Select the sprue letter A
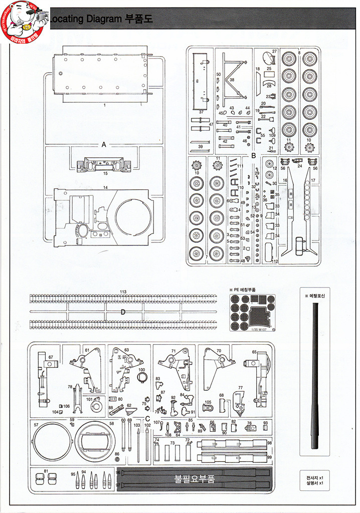104,144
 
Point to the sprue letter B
253,156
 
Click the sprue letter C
147,419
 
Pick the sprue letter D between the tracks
123,312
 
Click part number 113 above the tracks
123,291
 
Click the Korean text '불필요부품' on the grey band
194,479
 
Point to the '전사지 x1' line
315,476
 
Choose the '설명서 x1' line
315,483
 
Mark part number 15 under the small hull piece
105,173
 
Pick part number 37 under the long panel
201,112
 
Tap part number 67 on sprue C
51,357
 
